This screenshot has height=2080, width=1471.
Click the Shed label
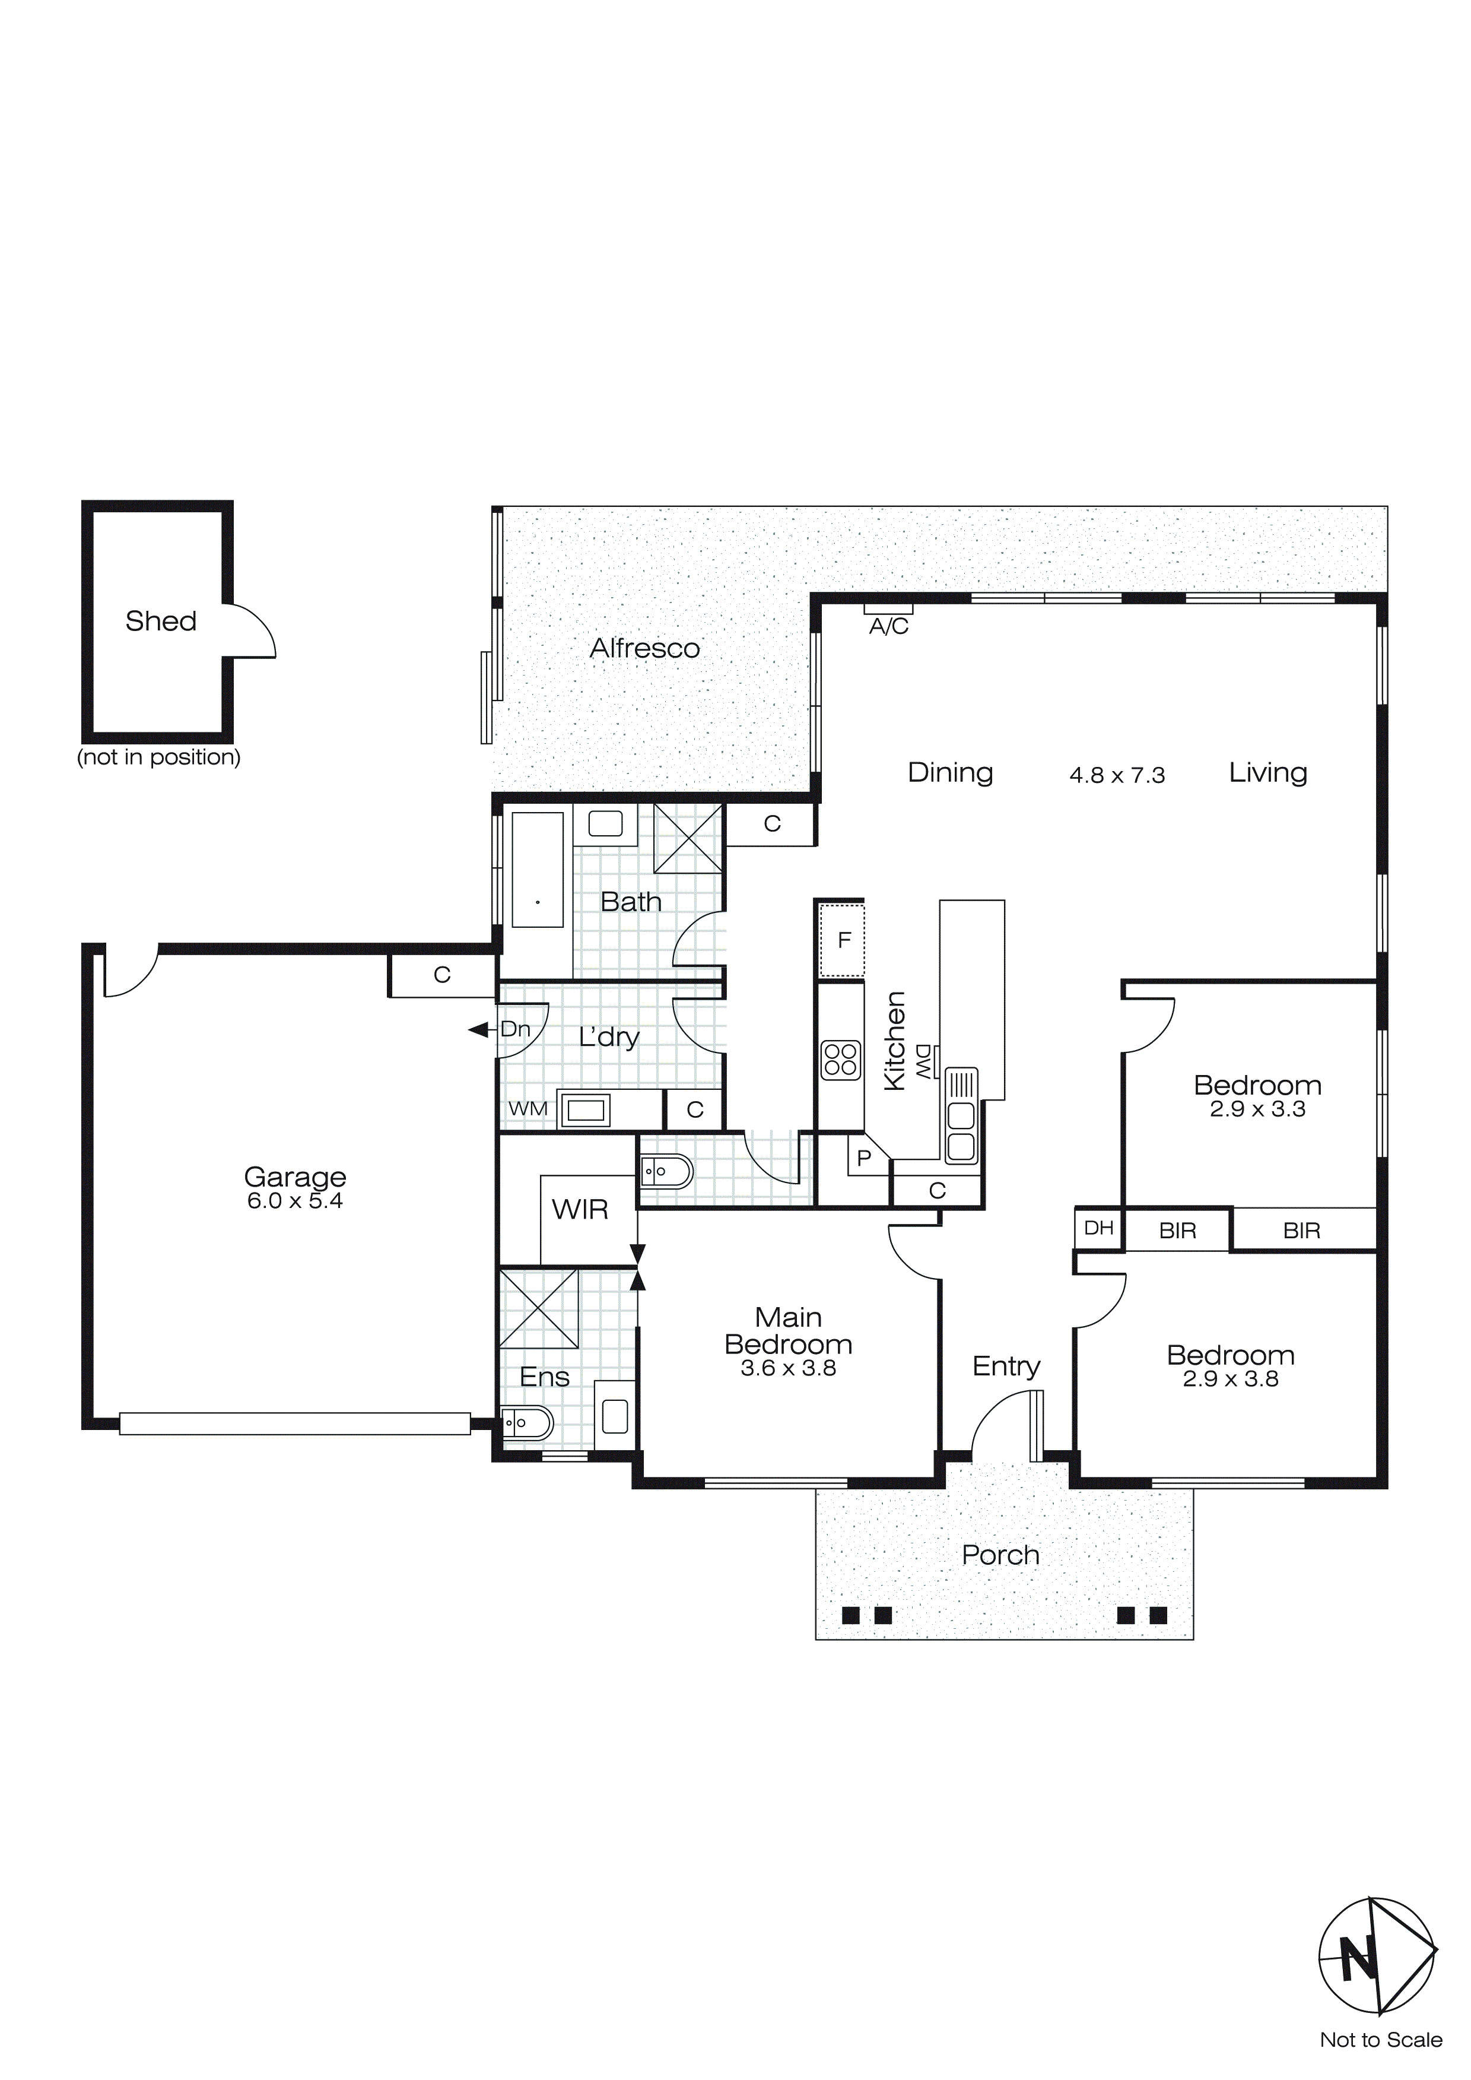[160, 622]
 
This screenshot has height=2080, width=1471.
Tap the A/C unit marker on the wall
[888, 609]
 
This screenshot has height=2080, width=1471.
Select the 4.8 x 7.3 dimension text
[1117, 775]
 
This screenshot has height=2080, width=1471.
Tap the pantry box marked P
[863, 1158]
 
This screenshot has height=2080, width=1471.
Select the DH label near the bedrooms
[1098, 1228]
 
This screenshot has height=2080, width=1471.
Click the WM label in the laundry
[527, 1109]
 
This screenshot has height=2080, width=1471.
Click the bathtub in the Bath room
[537, 870]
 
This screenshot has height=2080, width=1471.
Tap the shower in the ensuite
[538, 1309]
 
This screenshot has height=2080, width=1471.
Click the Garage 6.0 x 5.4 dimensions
[294, 1201]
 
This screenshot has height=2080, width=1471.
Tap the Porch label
[1000, 1555]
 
